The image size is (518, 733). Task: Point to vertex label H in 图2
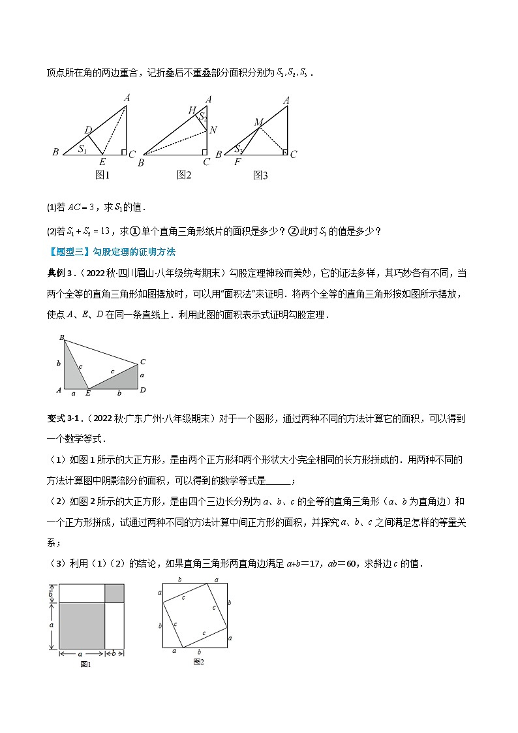point(192,110)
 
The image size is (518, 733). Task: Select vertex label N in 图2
point(213,130)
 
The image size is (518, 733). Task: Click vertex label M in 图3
point(258,122)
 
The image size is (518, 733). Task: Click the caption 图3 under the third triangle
point(260,175)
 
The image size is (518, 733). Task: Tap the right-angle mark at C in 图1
point(123,153)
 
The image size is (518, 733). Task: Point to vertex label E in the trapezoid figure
point(88,394)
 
